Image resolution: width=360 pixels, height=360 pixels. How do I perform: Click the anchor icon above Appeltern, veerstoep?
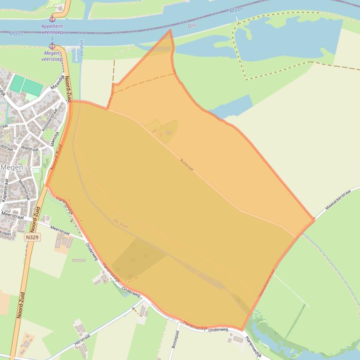[x=52, y=18]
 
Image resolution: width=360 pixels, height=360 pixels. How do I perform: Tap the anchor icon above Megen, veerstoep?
[x=52, y=46]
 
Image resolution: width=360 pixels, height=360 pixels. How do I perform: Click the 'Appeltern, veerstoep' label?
[x=52, y=29]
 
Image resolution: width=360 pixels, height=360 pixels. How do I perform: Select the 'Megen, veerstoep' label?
[x=51, y=56]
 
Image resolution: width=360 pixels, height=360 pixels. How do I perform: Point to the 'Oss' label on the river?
[x=192, y=25]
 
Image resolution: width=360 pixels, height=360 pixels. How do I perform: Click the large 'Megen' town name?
[x=12, y=167]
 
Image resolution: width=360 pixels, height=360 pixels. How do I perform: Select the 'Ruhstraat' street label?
[x=186, y=165]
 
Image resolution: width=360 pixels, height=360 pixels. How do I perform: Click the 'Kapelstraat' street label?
[x=6, y=190]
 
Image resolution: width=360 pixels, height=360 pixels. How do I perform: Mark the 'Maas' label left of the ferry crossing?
[x=15, y=34]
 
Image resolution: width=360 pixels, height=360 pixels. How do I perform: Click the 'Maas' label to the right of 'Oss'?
[x=236, y=10]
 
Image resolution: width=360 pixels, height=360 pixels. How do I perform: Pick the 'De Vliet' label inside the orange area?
[x=121, y=223]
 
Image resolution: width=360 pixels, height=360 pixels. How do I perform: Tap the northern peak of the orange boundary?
[x=170, y=30]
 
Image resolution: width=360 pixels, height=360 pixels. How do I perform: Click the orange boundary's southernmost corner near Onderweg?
[x=242, y=330]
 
